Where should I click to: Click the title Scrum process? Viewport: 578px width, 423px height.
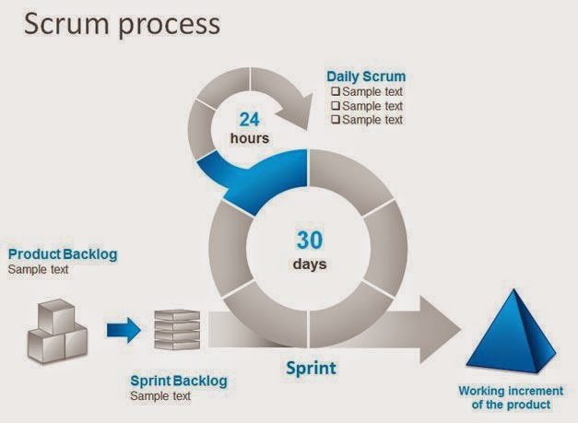click(122, 24)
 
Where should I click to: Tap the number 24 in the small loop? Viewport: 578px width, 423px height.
click(250, 120)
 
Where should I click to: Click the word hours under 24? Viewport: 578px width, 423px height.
click(250, 139)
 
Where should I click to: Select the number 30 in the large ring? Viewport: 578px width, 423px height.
click(311, 240)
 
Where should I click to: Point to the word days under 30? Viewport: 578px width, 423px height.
click(311, 264)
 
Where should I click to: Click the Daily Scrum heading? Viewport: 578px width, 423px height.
click(366, 76)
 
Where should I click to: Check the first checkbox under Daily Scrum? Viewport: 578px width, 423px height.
click(336, 92)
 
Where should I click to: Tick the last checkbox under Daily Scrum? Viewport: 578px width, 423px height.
click(336, 120)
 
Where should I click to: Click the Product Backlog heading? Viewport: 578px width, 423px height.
click(63, 254)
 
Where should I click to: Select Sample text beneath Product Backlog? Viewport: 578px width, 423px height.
click(40, 270)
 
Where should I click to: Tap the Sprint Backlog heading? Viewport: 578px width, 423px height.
click(178, 381)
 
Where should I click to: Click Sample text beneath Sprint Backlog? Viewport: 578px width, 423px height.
click(160, 396)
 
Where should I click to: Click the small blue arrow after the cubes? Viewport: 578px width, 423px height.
click(123, 327)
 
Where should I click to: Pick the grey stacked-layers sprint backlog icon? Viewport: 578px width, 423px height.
click(177, 329)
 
